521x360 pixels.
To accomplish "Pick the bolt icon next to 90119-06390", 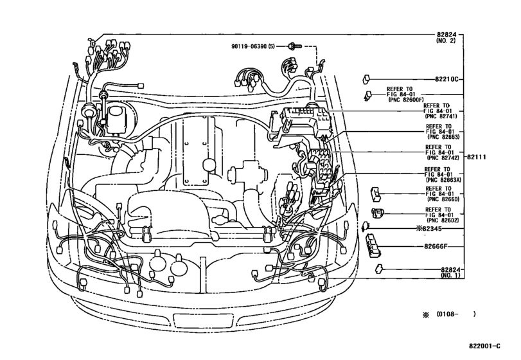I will pyautogui.click(x=293, y=46).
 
